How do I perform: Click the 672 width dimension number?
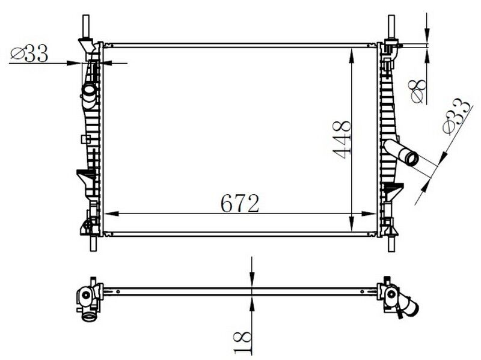[240, 204]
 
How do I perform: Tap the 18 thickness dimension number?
[242, 341]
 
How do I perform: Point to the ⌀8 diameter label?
[418, 90]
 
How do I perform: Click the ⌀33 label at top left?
[30, 54]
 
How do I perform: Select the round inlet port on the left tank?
[89, 92]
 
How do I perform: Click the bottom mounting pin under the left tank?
[93, 243]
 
